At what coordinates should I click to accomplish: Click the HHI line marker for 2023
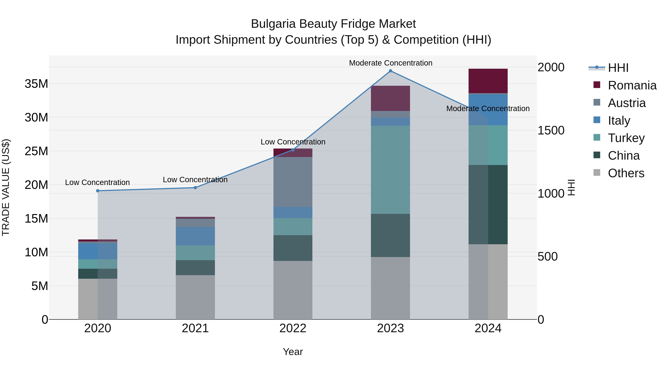tap(390, 71)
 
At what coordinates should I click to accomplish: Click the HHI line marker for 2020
tap(98, 191)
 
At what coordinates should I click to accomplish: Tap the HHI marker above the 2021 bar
tap(195, 188)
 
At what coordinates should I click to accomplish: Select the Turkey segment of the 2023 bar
tap(390, 169)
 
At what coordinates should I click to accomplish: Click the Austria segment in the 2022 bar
tap(293, 182)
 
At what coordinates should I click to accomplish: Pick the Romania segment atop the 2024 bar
tap(488, 81)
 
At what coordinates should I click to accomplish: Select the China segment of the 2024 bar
tap(488, 204)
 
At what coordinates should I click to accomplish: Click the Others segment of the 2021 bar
tap(195, 297)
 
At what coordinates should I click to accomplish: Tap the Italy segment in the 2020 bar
tap(98, 251)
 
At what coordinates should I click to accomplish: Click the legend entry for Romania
tap(632, 85)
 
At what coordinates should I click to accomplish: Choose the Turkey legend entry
tap(626, 138)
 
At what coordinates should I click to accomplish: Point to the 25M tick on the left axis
tap(36, 151)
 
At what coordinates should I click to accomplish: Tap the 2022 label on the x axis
tap(293, 328)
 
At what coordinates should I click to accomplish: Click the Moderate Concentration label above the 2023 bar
tap(390, 63)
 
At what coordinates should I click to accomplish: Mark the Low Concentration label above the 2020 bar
tap(97, 182)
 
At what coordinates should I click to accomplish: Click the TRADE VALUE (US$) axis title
tap(6, 187)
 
